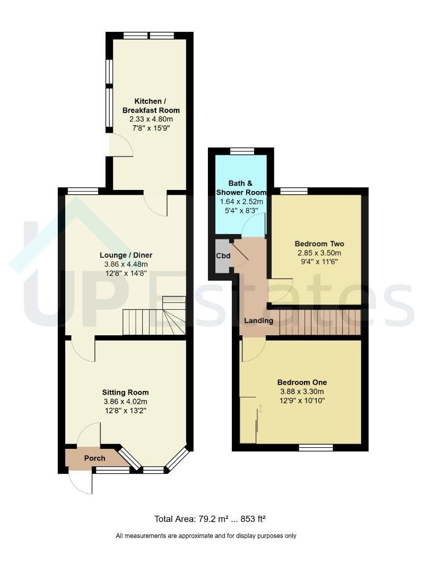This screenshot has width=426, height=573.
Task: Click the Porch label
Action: pos(94,458)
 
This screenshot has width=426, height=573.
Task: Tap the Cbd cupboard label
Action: pos(223,255)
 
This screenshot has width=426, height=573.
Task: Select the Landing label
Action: pos(259,321)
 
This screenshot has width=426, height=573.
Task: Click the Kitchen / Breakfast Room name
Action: pos(151,106)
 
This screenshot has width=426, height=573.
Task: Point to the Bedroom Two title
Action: pos(319,244)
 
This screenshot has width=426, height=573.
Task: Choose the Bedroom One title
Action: pos(302,382)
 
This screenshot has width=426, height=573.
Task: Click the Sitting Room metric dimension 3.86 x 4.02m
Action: pos(125,401)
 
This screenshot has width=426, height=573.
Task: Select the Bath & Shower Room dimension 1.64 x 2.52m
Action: pos(241,202)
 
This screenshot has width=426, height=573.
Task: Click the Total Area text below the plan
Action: pos(210,519)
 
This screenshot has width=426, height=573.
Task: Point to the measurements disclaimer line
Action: pos(206,536)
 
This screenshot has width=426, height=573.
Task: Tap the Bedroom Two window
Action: pos(294,191)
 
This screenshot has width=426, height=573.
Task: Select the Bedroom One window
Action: pos(316,448)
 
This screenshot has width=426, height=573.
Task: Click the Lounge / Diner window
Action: pos(83,191)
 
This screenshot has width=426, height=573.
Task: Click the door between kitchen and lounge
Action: pos(156,203)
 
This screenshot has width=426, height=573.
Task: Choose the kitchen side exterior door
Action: pos(120,145)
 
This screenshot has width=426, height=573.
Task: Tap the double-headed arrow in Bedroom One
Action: pos(260,409)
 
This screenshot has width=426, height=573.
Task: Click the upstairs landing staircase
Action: pos(320,323)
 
